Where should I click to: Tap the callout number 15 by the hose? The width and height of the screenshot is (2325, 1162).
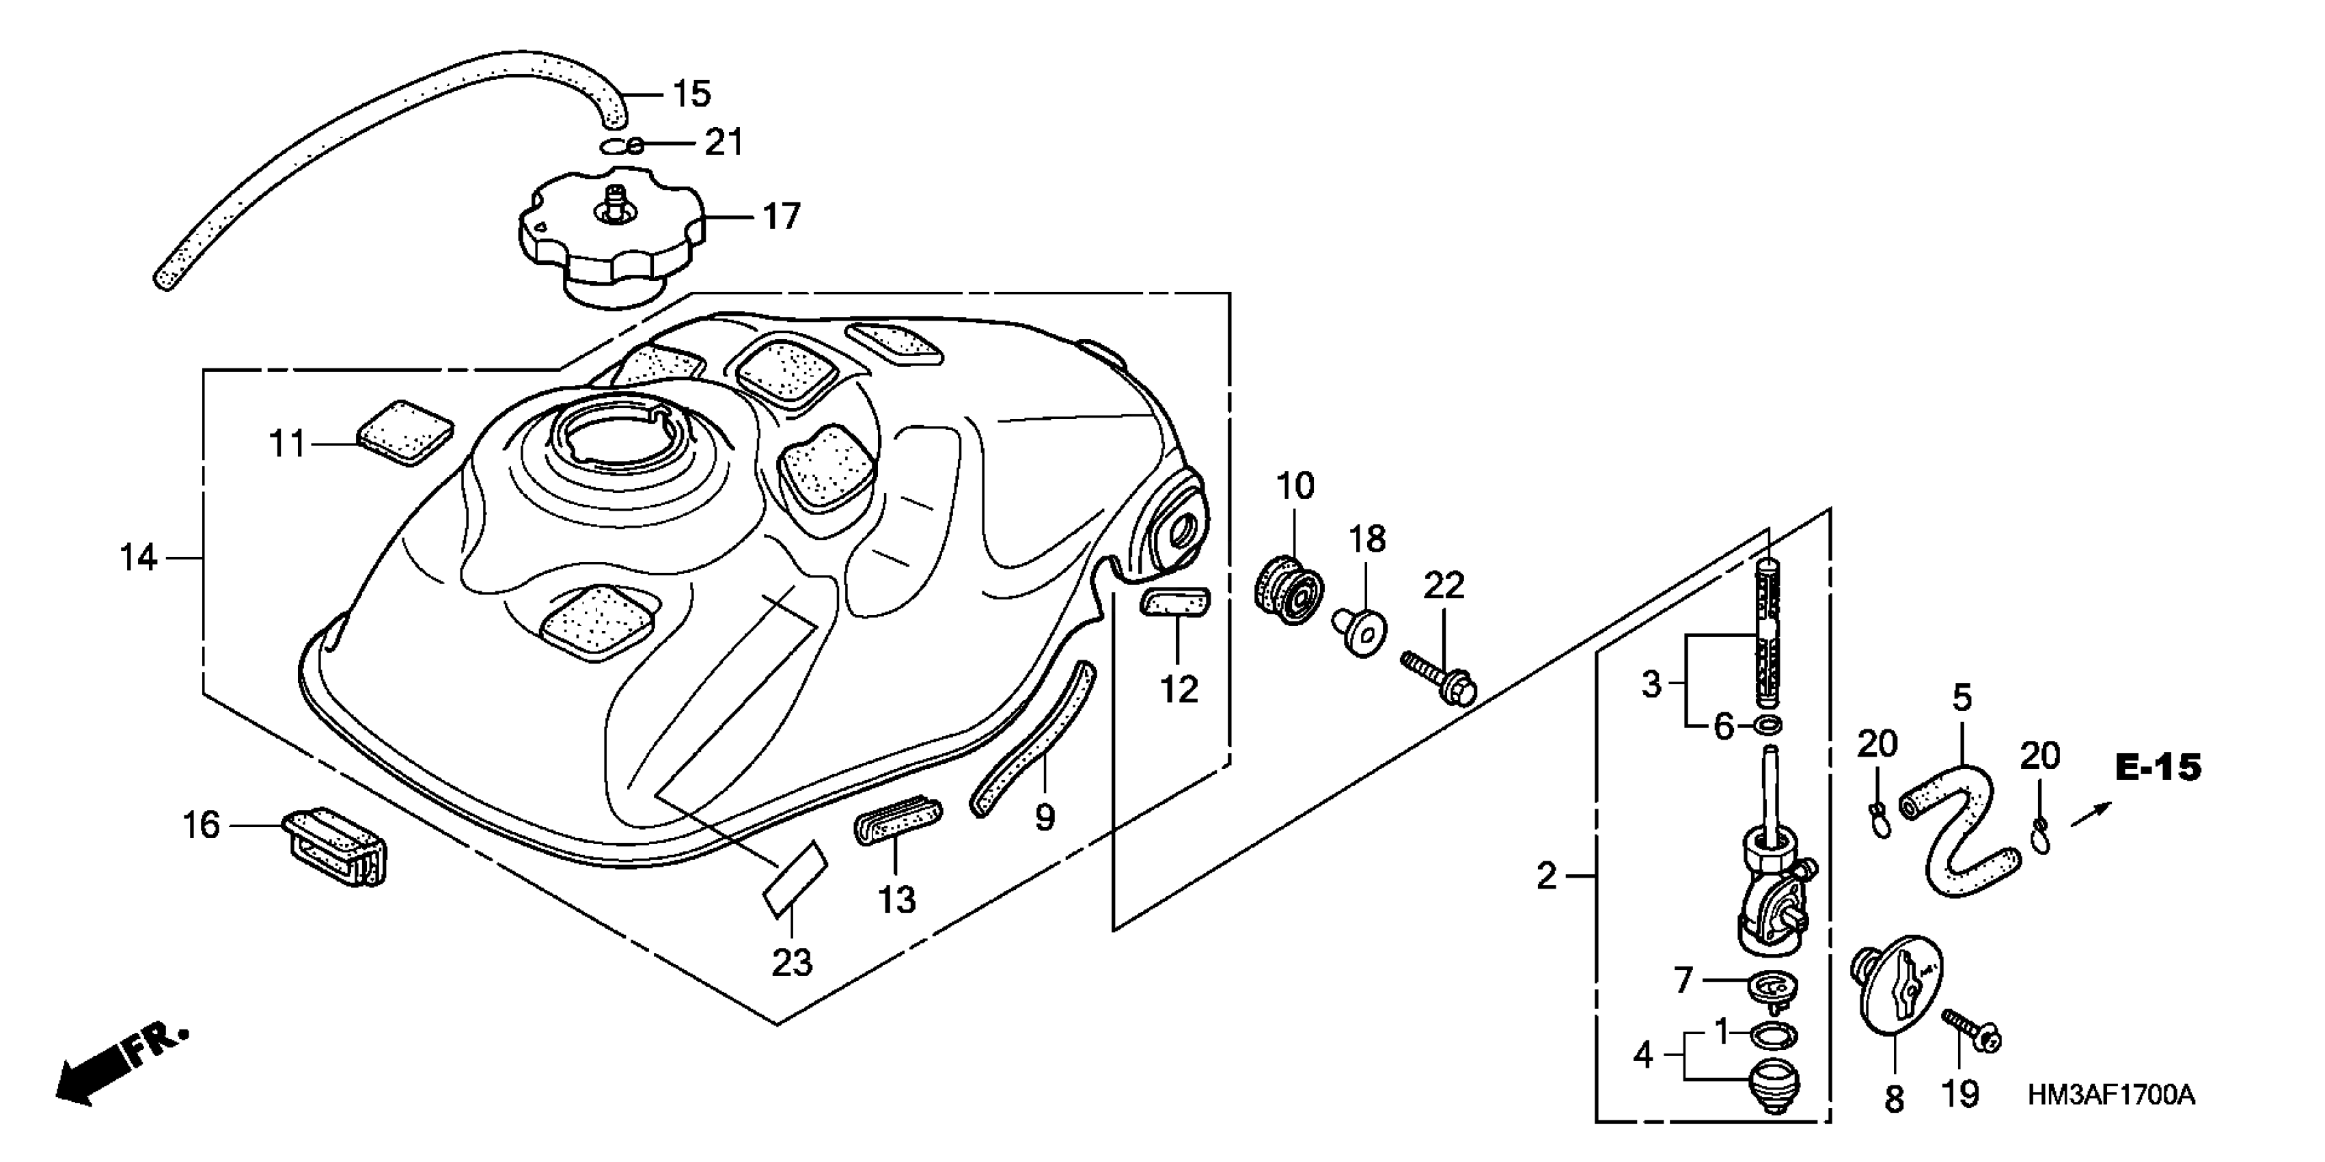[691, 94]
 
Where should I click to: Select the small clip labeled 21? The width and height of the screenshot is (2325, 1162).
[624, 146]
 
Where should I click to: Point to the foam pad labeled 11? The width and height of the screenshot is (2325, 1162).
[405, 433]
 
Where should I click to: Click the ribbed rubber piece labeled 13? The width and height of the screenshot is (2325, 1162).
[897, 819]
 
